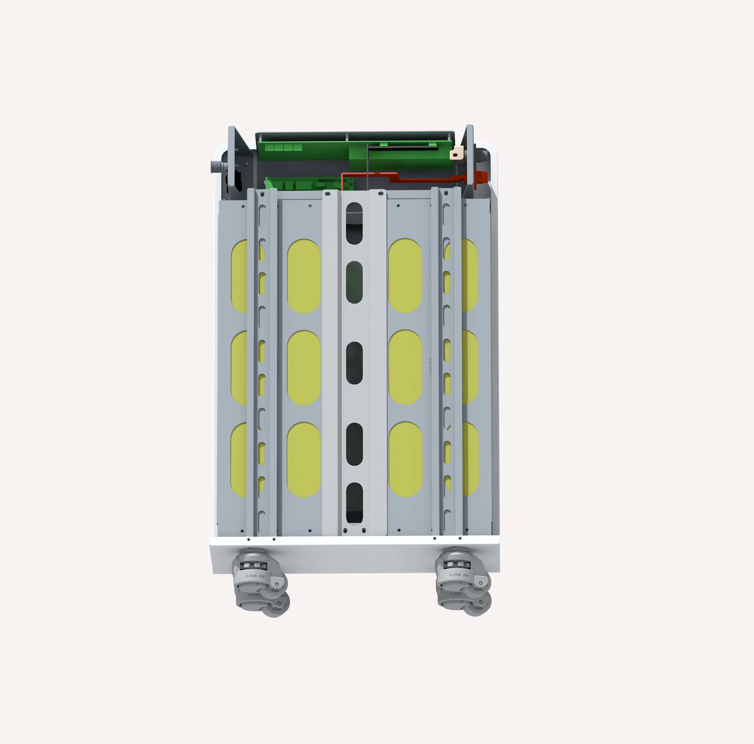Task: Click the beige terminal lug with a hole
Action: click(x=456, y=153)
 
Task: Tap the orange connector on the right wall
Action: click(x=481, y=177)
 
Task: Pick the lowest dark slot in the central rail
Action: click(x=354, y=503)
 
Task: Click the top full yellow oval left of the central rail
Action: click(x=304, y=276)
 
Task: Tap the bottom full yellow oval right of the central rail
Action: click(x=405, y=459)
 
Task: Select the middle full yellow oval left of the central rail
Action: click(x=304, y=368)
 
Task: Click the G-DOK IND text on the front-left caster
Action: click(x=255, y=576)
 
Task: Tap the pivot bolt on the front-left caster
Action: click(x=277, y=584)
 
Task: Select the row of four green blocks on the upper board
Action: click(x=288, y=147)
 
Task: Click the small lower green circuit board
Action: click(x=308, y=183)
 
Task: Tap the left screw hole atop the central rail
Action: click(x=328, y=194)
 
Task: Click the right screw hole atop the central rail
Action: click(x=380, y=194)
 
